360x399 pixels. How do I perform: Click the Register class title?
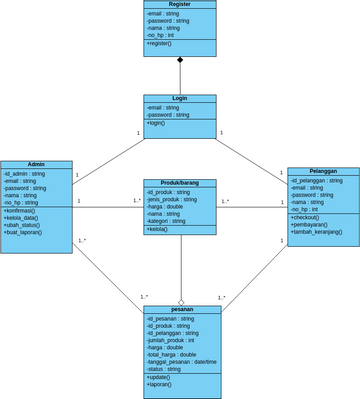point(180,5)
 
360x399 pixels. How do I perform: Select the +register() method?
point(160,44)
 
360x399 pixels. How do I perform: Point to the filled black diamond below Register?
point(180,61)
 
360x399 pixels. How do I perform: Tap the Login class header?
point(180,99)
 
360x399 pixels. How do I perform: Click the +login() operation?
point(157,123)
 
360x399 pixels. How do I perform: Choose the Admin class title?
point(36,164)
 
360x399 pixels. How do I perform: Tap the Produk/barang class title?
point(180,183)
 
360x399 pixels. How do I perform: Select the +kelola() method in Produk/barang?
point(158,229)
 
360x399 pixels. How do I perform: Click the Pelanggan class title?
point(323,171)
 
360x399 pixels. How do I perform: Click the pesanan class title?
point(182,310)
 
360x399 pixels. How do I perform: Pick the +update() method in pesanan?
point(159,377)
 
